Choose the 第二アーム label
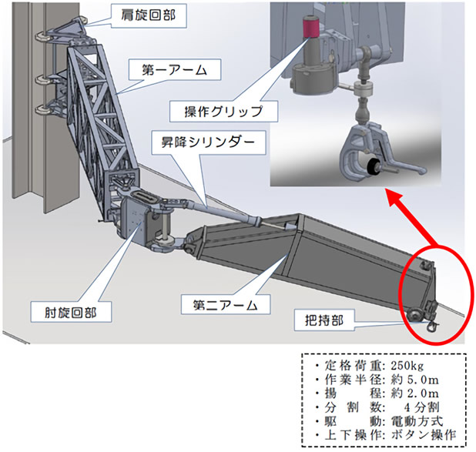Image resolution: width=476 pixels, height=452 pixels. [x=220, y=306]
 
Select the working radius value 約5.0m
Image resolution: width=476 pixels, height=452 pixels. [x=417, y=379]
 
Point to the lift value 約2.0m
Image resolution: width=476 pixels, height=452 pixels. [x=417, y=395]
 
